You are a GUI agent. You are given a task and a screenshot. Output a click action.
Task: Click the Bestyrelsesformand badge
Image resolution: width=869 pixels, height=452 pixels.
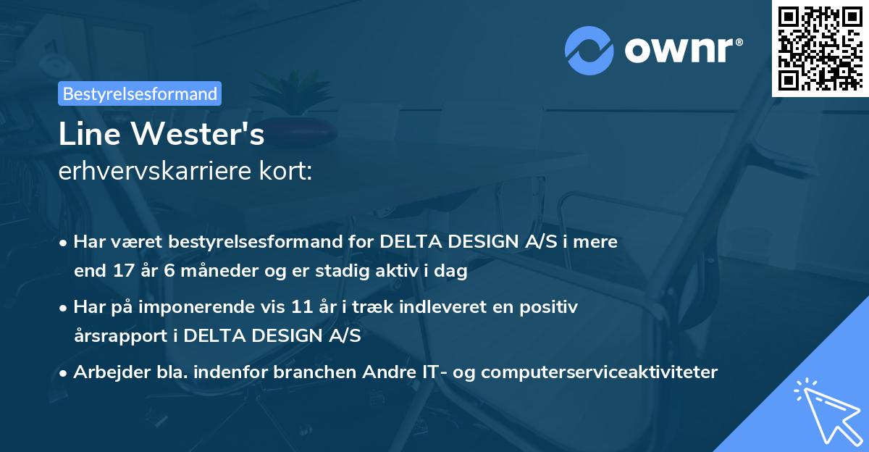tap(140, 93)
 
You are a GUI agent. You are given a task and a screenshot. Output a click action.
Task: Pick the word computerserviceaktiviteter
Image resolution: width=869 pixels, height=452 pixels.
tap(599, 372)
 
